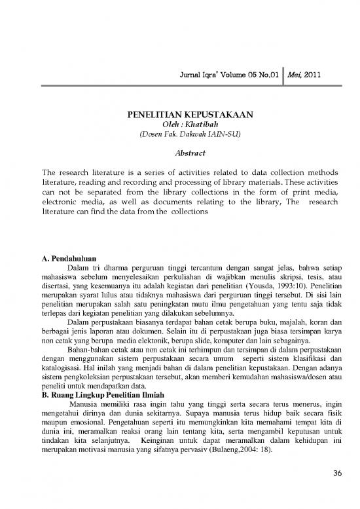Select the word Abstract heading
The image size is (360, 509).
179,150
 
